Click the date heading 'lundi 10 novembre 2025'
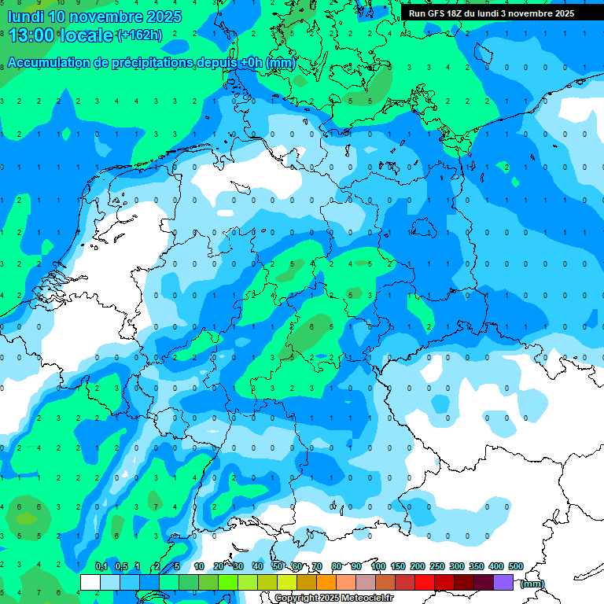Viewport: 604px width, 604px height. [94, 17]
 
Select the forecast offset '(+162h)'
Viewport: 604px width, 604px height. [139, 35]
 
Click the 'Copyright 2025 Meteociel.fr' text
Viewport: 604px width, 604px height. [333, 598]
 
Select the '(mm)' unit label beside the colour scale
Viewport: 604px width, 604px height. [532, 584]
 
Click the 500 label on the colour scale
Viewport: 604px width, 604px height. [516, 566]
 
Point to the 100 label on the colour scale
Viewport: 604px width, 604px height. [378, 566]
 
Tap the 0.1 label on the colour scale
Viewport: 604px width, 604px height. [101, 566]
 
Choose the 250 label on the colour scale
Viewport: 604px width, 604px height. [437, 566]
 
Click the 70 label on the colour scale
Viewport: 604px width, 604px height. [317, 566]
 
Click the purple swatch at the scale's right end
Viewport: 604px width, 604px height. [503, 582]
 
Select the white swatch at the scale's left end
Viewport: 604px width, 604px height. [90, 582]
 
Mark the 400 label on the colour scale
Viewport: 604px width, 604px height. [496, 566]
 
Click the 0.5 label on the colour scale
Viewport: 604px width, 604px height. [121, 566]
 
